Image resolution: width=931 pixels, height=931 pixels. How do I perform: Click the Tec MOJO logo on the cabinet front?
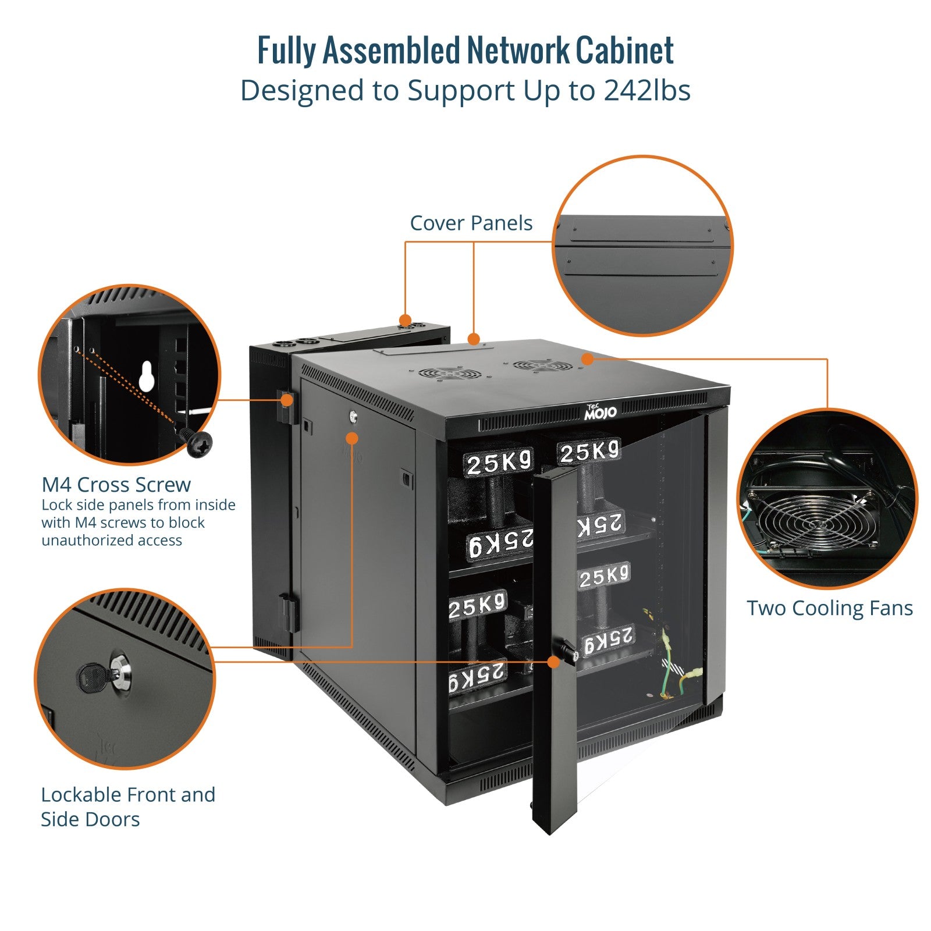(x=600, y=411)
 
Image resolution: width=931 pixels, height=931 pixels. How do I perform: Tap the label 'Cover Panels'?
(x=471, y=223)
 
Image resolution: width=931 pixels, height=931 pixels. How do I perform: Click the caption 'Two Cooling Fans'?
(x=830, y=608)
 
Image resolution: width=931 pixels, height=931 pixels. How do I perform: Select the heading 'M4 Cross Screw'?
(x=116, y=484)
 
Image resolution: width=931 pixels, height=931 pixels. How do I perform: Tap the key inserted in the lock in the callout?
(x=93, y=677)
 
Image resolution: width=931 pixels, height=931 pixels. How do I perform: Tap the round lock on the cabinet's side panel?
(x=353, y=417)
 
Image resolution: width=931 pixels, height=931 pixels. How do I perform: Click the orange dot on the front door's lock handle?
(x=553, y=662)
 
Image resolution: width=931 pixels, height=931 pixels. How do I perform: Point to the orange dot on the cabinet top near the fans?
(x=587, y=359)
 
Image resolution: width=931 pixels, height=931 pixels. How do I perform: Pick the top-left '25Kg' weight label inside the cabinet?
(x=499, y=463)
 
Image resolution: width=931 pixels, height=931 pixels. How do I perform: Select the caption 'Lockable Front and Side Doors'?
(x=128, y=806)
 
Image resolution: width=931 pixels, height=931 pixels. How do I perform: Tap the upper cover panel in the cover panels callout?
(x=639, y=229)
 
